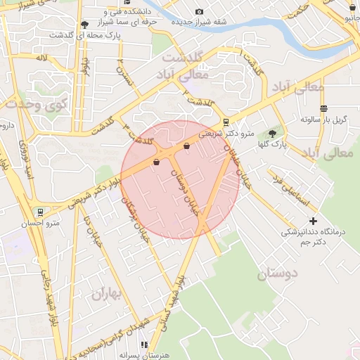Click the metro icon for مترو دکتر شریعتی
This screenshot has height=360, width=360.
(225, 120)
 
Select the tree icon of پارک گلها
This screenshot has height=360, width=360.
(272, 134)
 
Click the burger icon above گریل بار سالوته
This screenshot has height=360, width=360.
(323, 108)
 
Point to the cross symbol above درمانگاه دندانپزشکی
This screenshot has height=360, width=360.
(313, 221)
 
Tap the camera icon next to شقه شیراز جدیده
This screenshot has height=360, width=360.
(199, 11)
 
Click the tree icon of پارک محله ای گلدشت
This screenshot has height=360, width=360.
(85, 24)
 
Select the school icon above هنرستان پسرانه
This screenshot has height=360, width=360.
(144, 345)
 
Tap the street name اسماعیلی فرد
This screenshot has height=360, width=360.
(290, 186)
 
